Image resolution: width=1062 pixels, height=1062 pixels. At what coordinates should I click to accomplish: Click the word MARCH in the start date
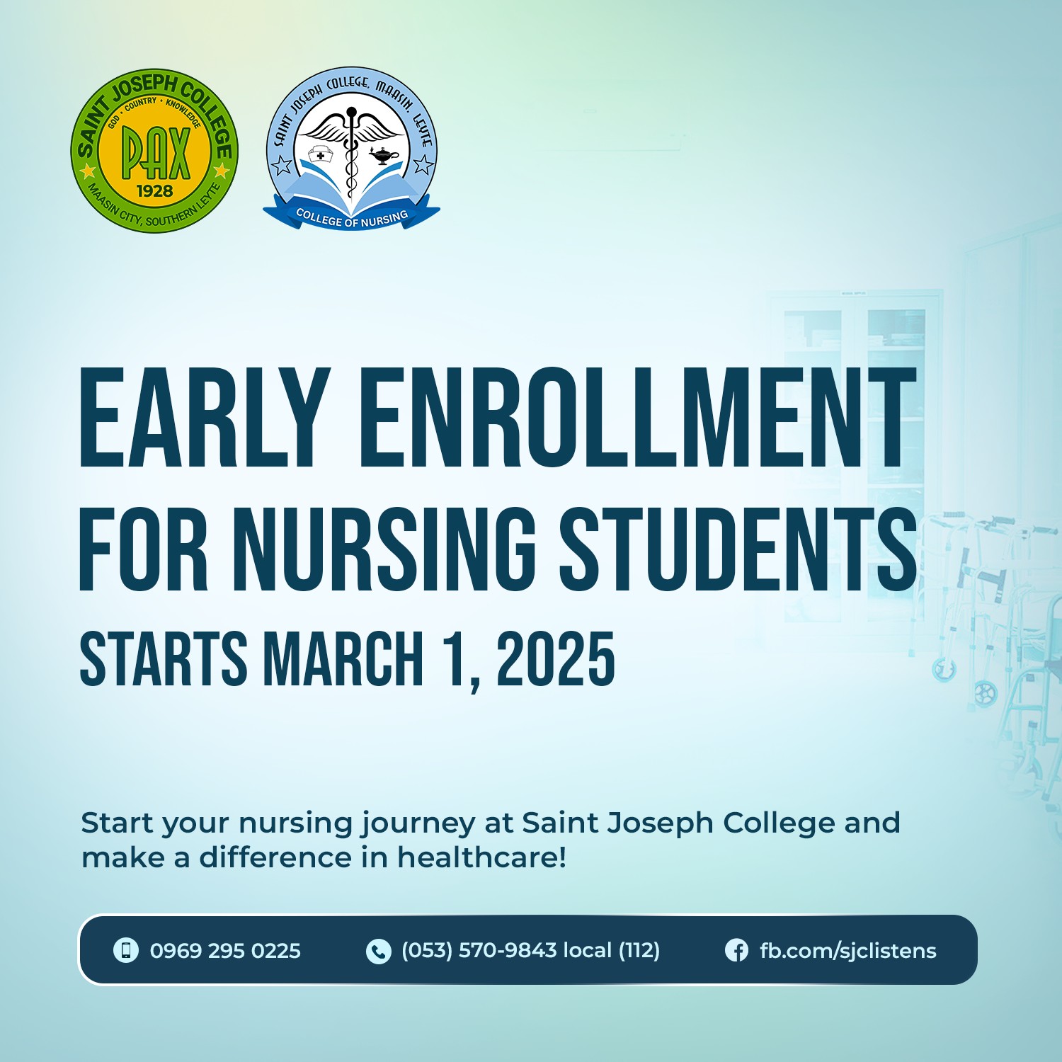pyautogui.click(x=343, y=659)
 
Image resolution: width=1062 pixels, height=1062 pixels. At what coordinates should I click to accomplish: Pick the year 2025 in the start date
pyautogui.click(x=555, y=659)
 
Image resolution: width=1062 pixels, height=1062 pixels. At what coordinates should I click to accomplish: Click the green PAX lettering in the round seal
pyautogui.click(x=156, y=152)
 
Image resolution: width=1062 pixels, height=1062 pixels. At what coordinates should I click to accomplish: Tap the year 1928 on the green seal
pyautogui.click(x=154, y=191)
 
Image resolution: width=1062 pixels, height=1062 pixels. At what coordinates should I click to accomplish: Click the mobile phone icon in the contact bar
pyautogui.click(x=126, y=950)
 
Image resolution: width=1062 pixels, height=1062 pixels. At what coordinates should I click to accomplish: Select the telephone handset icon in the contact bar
pyautogui.click(x=379, y=951)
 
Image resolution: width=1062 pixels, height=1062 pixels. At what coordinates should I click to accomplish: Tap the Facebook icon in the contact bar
pyautogui.click(x=736, y=950)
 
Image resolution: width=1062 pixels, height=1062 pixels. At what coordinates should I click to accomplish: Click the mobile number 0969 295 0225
pyautogui.click(x=225, y=950)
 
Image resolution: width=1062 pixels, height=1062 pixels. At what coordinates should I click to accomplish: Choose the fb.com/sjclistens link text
pyautogui.click(x=847, y=951)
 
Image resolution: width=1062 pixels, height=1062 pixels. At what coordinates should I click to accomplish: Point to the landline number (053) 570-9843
pyautogui.click(x=479, y=950)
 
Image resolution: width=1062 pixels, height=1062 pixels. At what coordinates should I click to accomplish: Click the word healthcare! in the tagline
pyautogui.click(x=481, y=857)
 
